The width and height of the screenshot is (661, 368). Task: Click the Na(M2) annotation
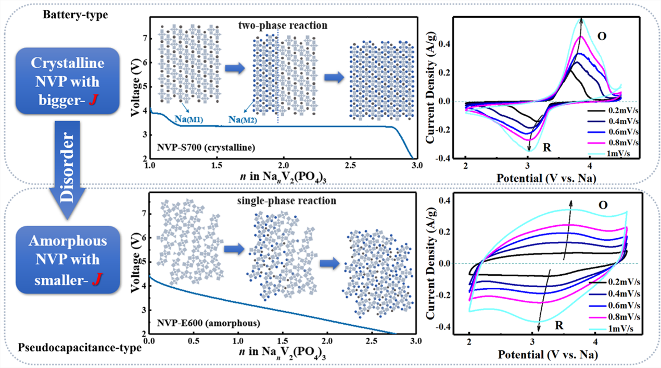pos(243,120)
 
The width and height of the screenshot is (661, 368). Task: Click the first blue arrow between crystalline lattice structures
pos(234,67)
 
